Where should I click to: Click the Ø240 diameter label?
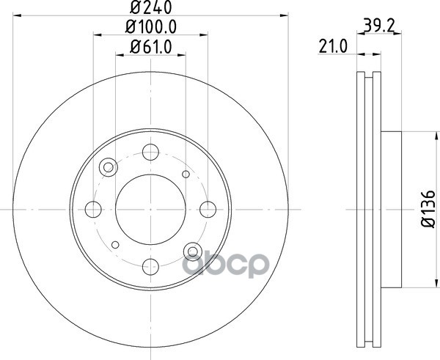coord(150,7)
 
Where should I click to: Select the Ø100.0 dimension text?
coord(150,27)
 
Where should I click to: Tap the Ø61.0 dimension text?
coord(150,47)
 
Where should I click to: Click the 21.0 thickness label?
coord(333,47)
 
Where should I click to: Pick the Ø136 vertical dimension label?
coord(428,209)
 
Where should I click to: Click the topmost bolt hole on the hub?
coord(150,152)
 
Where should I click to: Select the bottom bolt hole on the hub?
coord(150,267)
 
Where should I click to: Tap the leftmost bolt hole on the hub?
coord(93,209)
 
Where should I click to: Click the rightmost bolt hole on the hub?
coord(208,209)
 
